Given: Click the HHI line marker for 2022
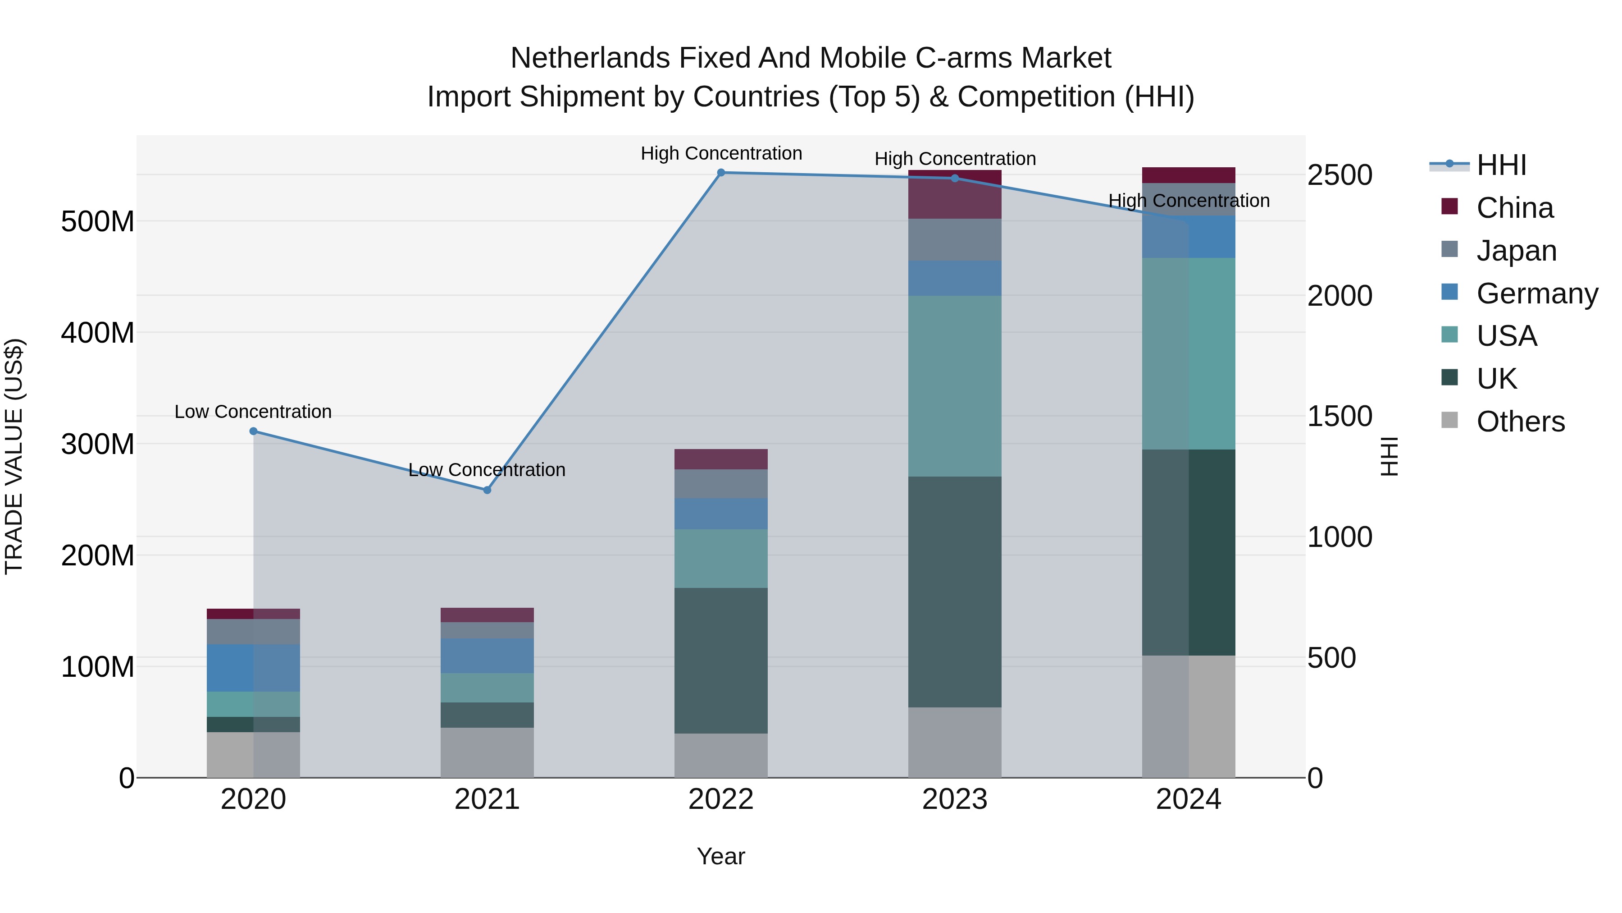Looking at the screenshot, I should pos(721,172).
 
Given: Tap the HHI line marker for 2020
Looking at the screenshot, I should pos(253,431).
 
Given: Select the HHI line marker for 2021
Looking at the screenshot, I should pos(487,490).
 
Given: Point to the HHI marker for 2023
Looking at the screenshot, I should pos(955,178).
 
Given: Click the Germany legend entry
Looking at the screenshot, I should pos(1536,293).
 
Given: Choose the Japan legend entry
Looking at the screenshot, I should pos(1516,250).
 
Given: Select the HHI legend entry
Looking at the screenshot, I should pos(1501,165).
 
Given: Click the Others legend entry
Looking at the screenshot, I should pos(1520,421).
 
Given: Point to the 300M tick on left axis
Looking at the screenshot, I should pos(98,444).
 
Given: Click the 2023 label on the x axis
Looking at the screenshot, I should pos(955,799).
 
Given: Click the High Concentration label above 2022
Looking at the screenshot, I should pos(721,153).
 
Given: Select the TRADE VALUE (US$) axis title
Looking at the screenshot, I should pos(14,456).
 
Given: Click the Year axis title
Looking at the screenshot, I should pos(720,856).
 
